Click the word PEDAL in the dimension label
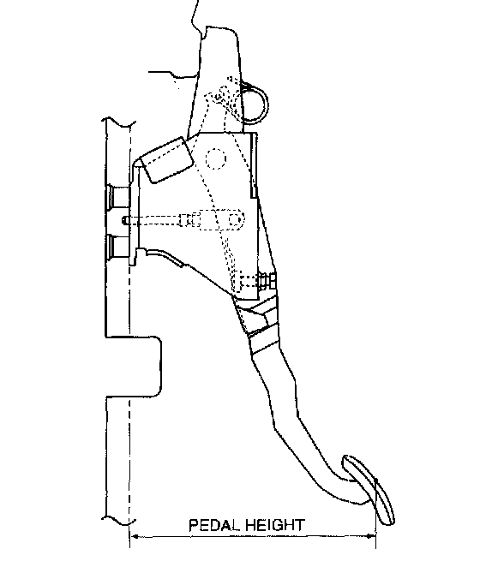214,525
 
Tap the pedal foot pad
369,489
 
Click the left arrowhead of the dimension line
135,536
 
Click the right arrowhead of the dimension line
371,536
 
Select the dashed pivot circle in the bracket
216,158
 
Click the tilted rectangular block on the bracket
167,160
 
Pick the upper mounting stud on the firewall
117,197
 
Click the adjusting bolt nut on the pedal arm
267,281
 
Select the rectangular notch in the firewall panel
134,367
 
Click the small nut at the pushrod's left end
125,220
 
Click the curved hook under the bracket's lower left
164,255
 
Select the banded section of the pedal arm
261,325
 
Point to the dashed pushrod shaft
153,219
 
